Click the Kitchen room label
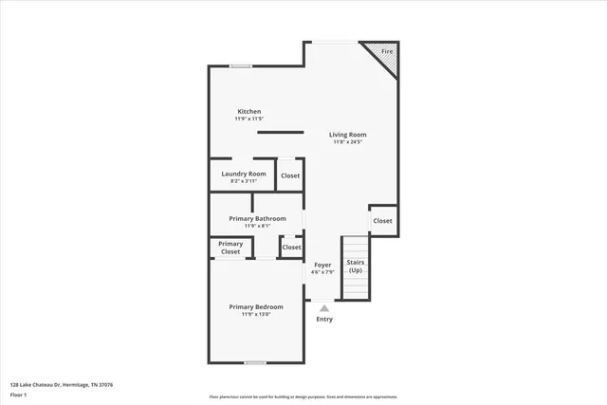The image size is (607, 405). [248, 111]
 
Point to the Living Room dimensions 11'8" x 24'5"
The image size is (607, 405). [347, 142]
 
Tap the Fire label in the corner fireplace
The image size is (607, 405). [386, 51]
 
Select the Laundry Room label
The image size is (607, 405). [244, 174]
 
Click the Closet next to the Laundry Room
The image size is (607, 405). [290, 175]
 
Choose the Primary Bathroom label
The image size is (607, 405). [257, 218]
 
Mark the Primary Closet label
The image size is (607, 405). [230, 248]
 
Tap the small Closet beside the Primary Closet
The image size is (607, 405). [291, 248]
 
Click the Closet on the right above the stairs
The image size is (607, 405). [382, 221]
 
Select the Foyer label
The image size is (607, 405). [322, 266]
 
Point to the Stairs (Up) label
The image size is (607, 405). [355, 266]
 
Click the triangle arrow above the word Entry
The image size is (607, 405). [324, 307]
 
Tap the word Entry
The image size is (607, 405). [324, 319]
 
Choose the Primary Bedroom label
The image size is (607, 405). [256, 306]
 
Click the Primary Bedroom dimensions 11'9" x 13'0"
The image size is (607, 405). [256, 314]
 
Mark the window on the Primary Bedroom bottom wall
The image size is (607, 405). [254, 362]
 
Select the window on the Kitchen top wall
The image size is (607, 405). [241, 65]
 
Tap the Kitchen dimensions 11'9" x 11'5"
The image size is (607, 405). [248, 119]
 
